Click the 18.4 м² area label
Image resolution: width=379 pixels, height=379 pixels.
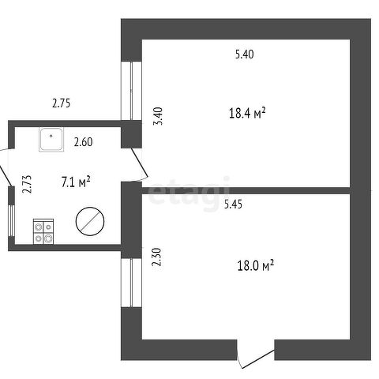point(247,113)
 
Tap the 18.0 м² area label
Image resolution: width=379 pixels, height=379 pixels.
point(256,265)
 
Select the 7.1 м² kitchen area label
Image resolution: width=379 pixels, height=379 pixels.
point(76,182)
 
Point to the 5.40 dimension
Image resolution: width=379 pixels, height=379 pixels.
point(245,54)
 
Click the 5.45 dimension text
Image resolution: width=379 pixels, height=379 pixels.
point(233,205)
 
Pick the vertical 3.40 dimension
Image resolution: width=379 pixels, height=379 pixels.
point(159,116)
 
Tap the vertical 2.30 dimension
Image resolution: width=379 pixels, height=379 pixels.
point(156,257)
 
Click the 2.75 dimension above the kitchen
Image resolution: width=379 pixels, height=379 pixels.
point(62,103)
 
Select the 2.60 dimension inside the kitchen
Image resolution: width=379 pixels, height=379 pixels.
point(83,142)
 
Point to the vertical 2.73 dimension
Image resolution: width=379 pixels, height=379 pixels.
point(27,184)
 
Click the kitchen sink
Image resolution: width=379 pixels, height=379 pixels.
point(51,140)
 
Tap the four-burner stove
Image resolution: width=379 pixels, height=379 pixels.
point(43,231)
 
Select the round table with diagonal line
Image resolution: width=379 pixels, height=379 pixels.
point(90,221)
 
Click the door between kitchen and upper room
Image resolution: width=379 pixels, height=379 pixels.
point(140,164)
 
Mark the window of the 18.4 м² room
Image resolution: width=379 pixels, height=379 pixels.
point(131,91)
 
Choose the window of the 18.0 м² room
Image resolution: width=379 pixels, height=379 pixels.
point(131,283)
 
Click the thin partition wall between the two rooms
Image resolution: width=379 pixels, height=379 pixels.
point(246,190)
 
